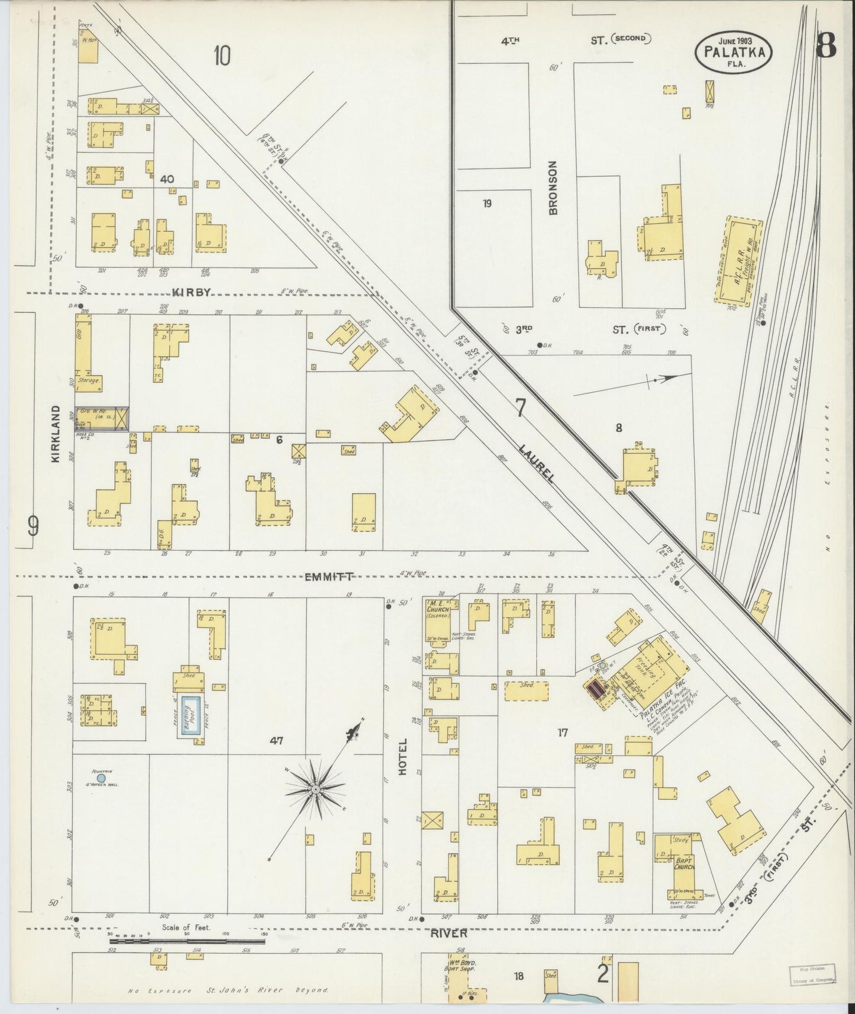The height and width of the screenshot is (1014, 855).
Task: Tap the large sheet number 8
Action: click(826, 45)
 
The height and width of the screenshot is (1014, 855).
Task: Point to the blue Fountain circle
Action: click(101, 779)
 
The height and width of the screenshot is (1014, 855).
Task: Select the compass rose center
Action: click(316, 789)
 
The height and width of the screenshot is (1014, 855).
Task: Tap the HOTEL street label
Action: click(404, 757)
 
